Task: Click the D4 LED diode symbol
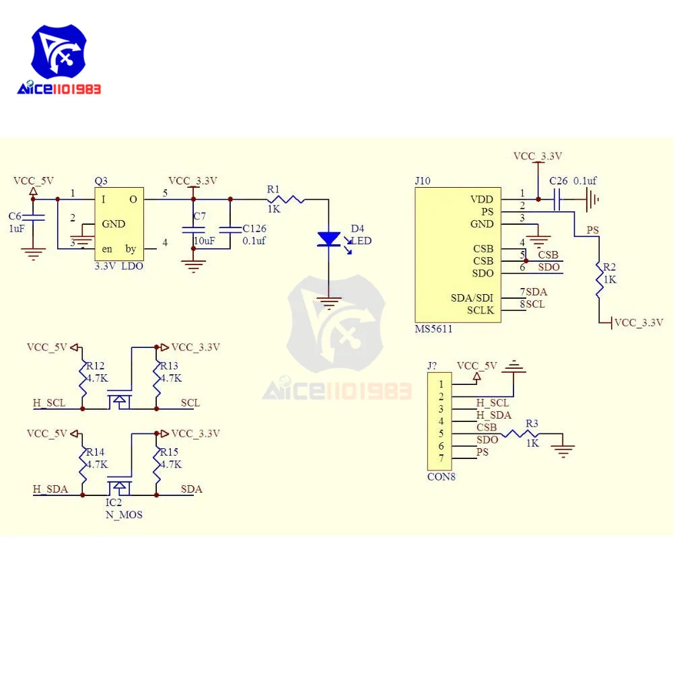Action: [329, 239]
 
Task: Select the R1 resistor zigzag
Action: [286, 200]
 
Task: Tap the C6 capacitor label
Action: [15, 216]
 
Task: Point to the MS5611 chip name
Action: [433, 329]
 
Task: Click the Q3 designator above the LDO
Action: [101, 181]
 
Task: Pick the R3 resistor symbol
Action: [520, 434]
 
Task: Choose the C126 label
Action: [254, 228]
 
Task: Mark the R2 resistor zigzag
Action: [599, 279]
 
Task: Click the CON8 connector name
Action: [441, 477]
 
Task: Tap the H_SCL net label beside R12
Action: [49, 403]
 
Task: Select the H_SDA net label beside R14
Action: [50, 489]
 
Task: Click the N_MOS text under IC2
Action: [124, 515]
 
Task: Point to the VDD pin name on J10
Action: [482, 200]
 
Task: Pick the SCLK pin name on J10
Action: [481, 310]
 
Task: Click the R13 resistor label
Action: [169, 365]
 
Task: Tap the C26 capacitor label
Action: [559, 181]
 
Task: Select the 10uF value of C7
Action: [205, 241]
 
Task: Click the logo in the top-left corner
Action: [59, 59]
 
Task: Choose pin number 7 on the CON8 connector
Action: [441, 458]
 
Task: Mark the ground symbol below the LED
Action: [329, 303]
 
